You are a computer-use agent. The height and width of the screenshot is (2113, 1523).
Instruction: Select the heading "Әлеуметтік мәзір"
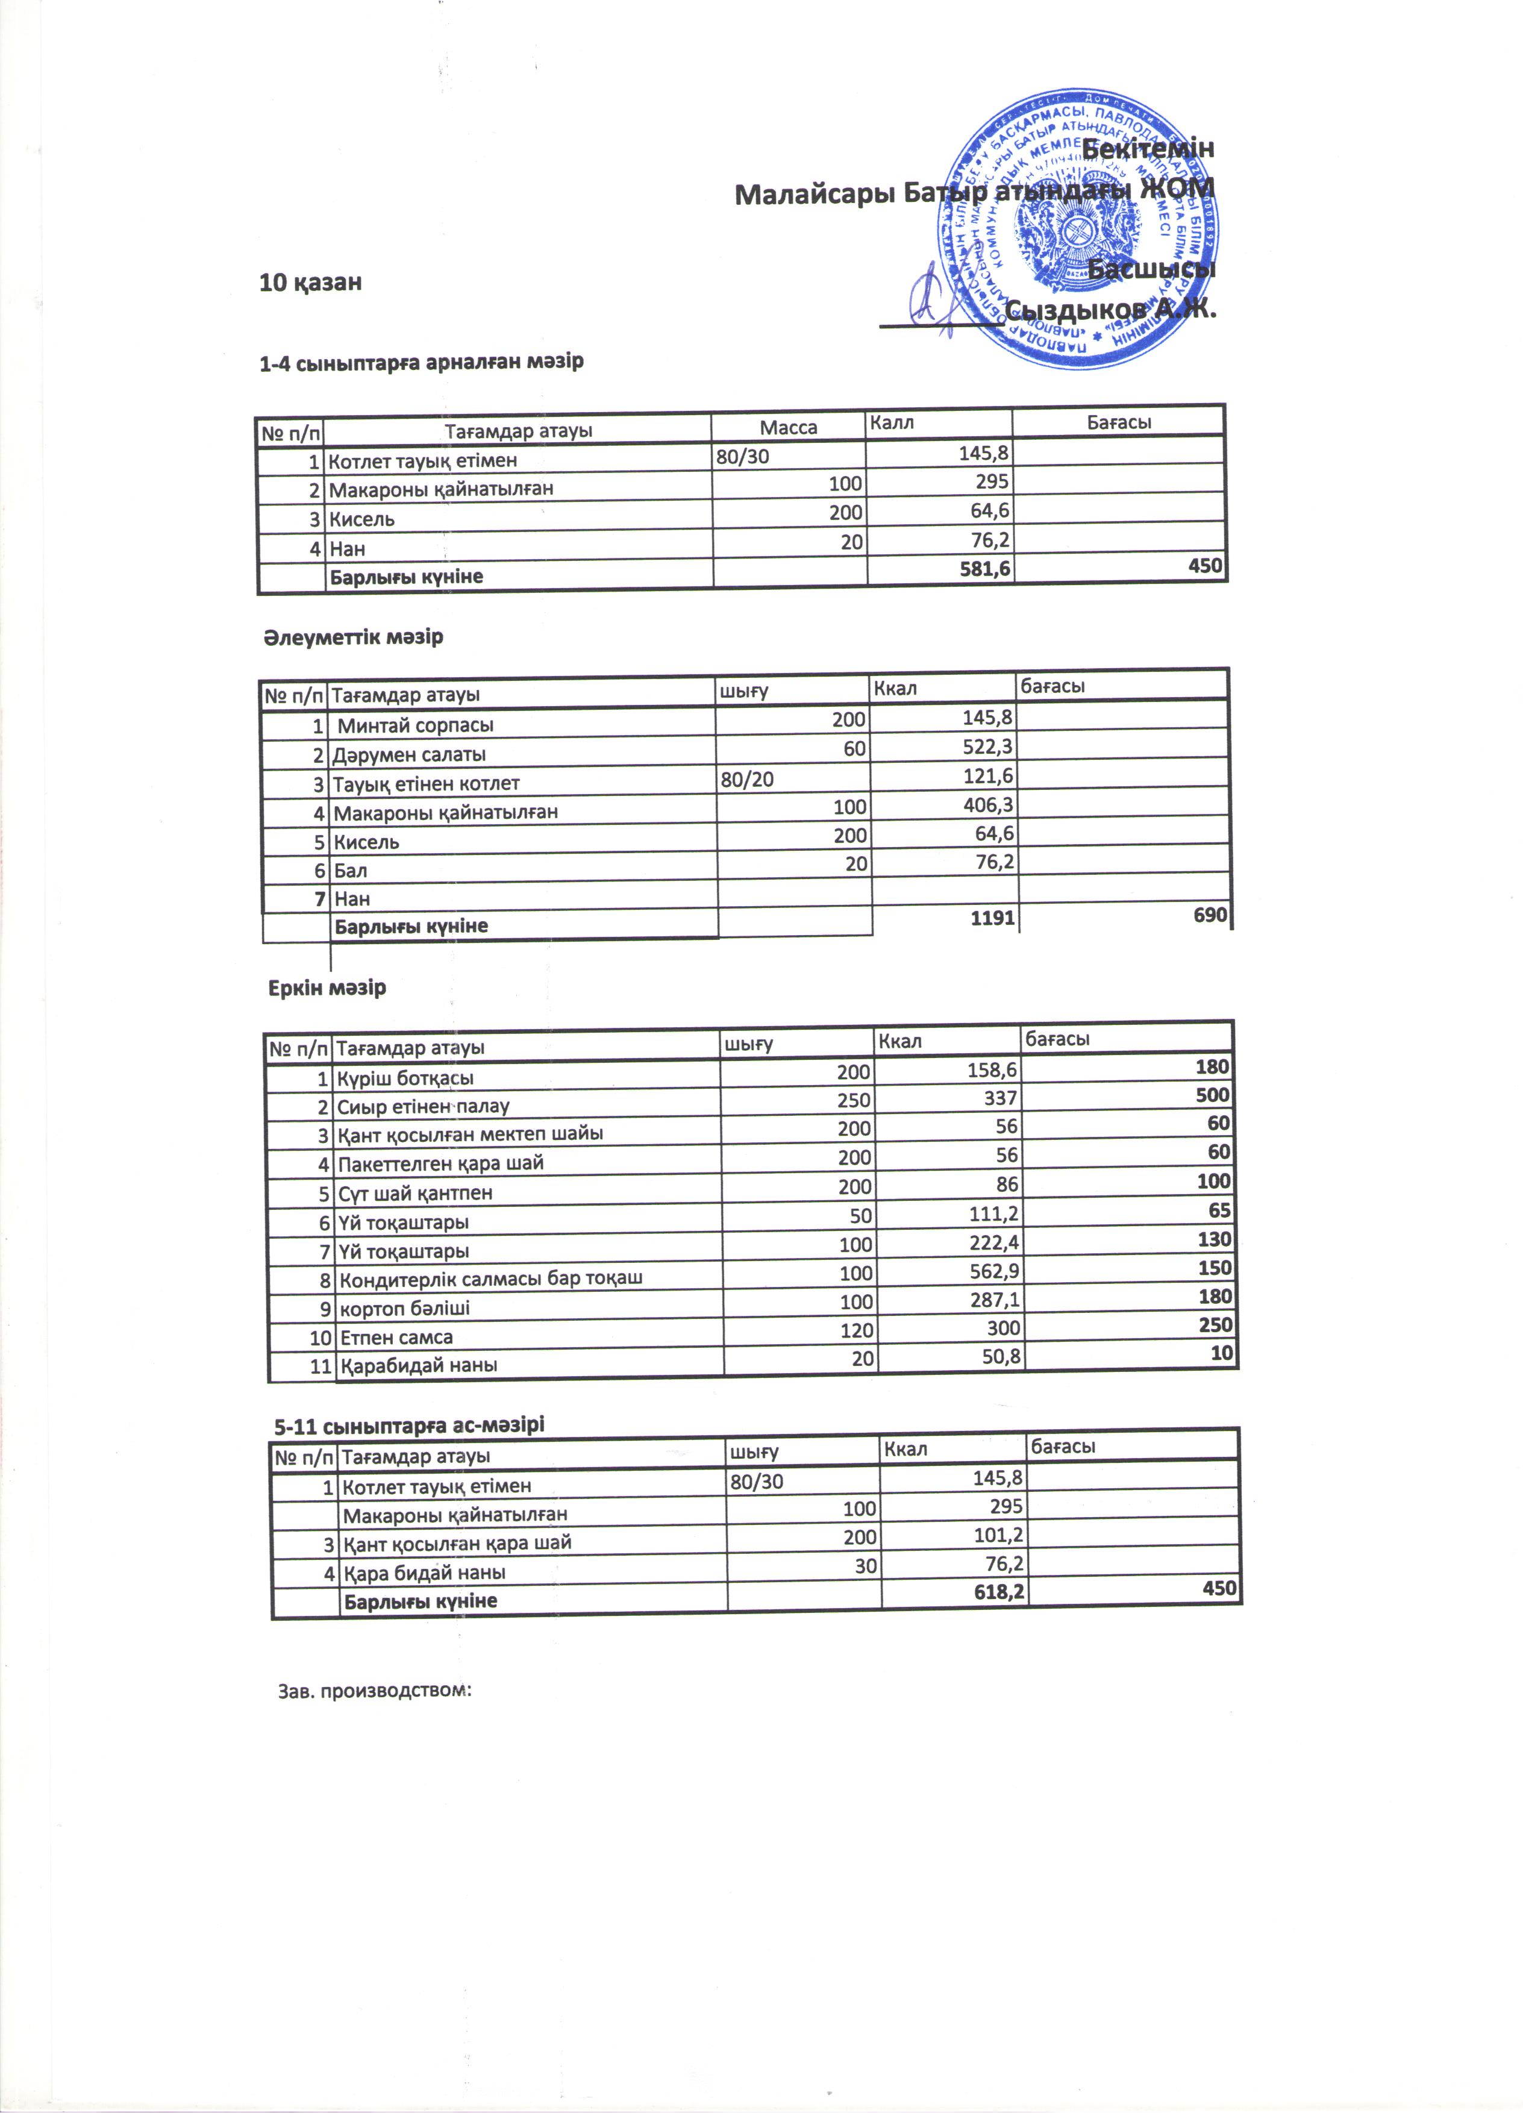(353, 638)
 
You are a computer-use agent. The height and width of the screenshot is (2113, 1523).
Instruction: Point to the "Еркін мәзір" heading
(327, 988)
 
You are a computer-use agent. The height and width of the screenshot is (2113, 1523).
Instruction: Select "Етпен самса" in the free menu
(396, 1338)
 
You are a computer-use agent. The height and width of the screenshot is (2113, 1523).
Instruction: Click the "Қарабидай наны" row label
(418, 1366)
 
